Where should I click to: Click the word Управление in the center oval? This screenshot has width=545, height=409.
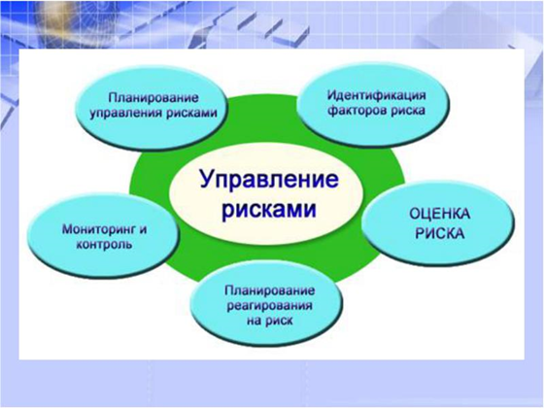[269, 181]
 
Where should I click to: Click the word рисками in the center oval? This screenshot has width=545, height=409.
[269, 209]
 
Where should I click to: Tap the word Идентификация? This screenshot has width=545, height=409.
[376, 95]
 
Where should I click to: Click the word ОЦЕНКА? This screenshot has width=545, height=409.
[440, 214]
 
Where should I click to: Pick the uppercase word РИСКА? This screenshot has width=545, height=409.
[440, 233]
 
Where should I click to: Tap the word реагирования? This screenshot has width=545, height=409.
[269, 306]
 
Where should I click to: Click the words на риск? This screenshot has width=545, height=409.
[270, 321]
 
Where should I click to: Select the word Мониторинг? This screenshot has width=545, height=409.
[97, 229]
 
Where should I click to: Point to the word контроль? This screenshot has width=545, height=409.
[104, 244]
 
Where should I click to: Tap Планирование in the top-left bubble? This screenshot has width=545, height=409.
[153, 98]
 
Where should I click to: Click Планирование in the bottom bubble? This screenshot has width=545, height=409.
[270, 290]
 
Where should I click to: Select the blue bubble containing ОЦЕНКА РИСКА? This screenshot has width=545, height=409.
[438, 222]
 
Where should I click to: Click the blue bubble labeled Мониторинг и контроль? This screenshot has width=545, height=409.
[103, 236]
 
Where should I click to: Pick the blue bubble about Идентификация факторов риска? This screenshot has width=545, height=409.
[373, 104]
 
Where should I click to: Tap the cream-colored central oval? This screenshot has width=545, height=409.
[266, 194]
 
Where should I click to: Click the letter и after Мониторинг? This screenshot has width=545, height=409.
[143, 230]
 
